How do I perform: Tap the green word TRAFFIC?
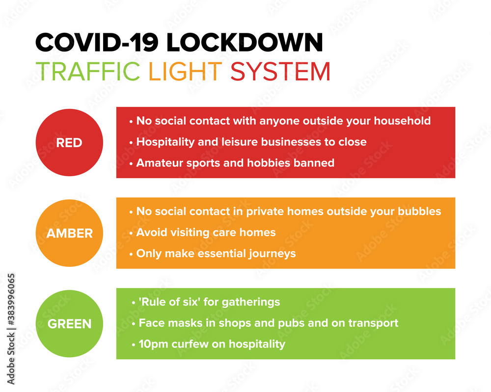click(88, 71)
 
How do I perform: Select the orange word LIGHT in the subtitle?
click(185, 71)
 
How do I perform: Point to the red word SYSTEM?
click(280, 71)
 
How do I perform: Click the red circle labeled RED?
click(69, 143)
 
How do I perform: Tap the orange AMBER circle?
click(69, 234)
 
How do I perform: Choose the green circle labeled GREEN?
click(69, 324)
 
